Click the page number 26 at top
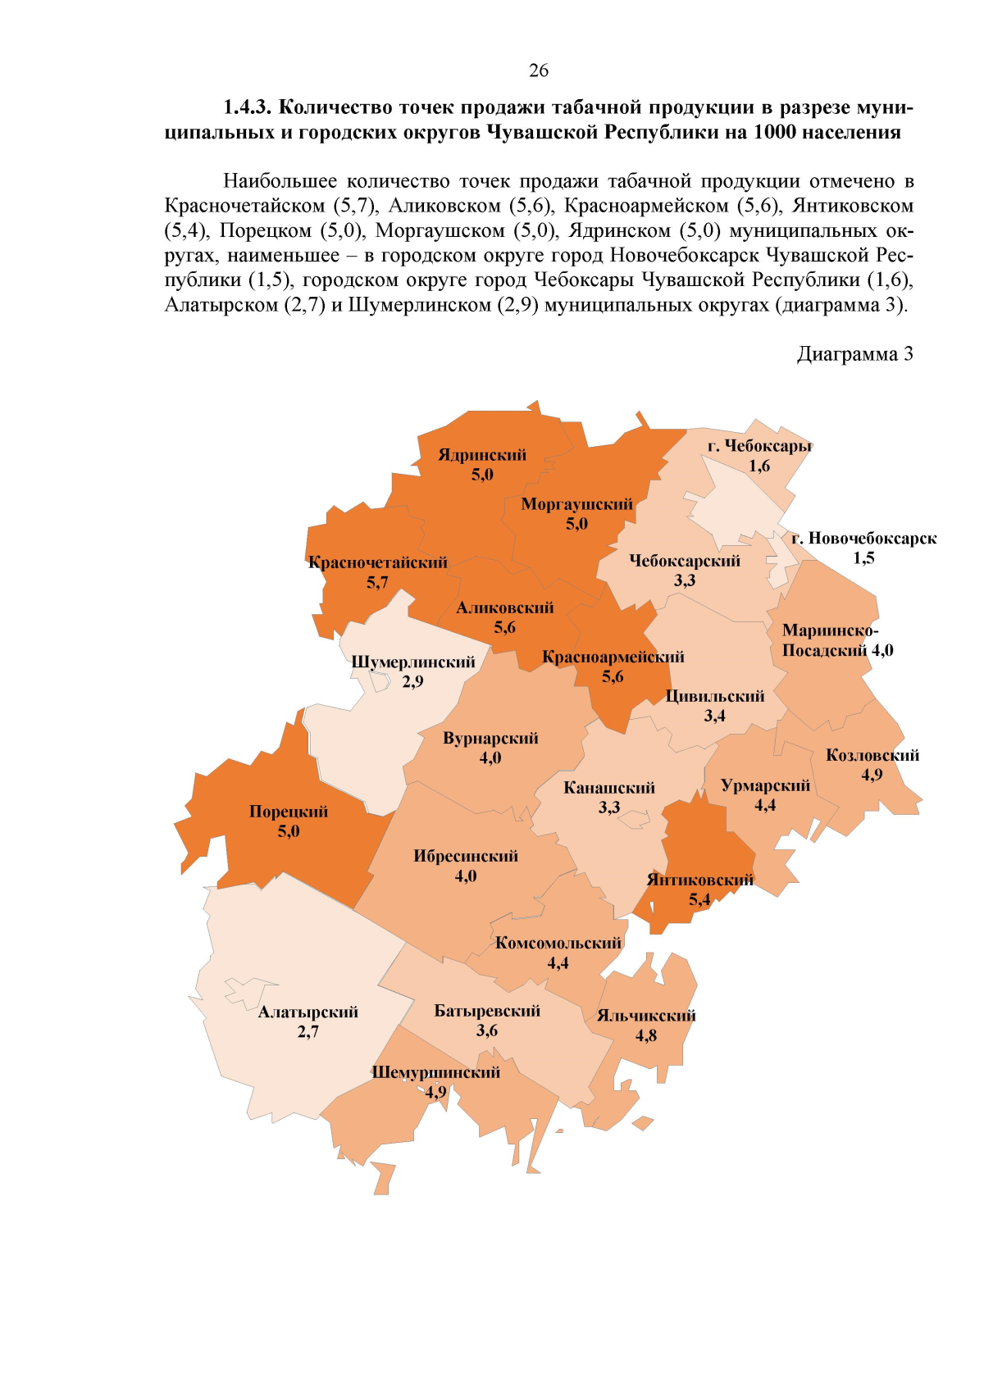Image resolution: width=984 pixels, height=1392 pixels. pos(539,71)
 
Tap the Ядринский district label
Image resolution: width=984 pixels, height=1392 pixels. pos(482,455)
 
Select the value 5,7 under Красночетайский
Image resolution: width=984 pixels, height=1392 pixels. pos(377,583)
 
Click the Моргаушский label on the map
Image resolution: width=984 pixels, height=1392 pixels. pos(576,504)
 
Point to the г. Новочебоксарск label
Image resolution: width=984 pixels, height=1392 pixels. pos(863,539)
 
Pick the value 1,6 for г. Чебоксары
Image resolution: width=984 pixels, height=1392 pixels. pos(759,466)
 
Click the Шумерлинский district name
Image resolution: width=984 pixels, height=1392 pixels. pos(412,662)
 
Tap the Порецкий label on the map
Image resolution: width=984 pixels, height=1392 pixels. pos(289,812)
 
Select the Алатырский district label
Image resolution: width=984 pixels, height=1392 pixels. pos(308,1012)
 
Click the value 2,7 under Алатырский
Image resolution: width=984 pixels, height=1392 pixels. pos(308,1031)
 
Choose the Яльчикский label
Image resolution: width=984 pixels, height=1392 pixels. pos(646,1016)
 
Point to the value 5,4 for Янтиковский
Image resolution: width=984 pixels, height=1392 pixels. pos(699,899)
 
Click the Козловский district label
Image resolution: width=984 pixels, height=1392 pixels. pos(872,755)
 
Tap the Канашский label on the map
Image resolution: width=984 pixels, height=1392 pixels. pos(609,788)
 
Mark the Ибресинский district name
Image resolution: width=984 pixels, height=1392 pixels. pos(466,856)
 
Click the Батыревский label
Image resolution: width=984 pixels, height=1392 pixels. pos(487,1011)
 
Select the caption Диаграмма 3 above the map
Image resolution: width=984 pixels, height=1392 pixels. pos(854,354)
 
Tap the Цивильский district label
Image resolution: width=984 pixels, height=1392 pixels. pos(714,696)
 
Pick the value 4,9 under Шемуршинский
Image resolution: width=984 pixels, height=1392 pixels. pos(435,1092)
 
